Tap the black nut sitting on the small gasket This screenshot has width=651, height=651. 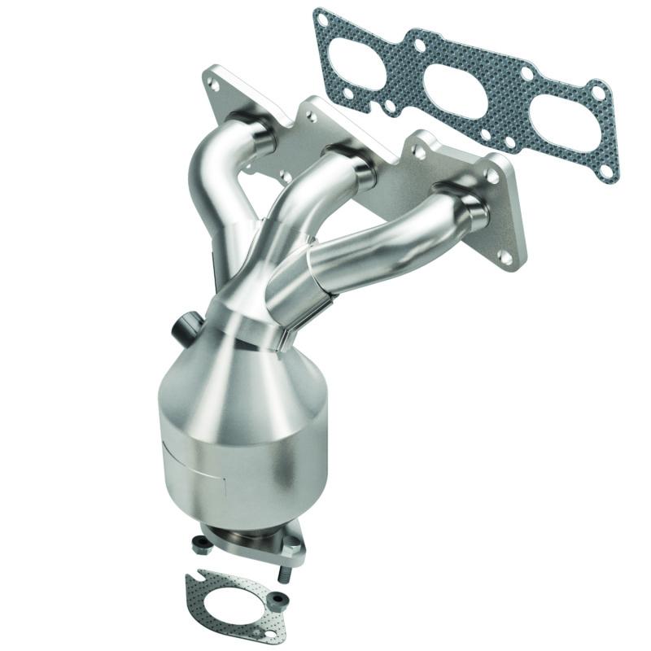[x=280, y=600]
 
